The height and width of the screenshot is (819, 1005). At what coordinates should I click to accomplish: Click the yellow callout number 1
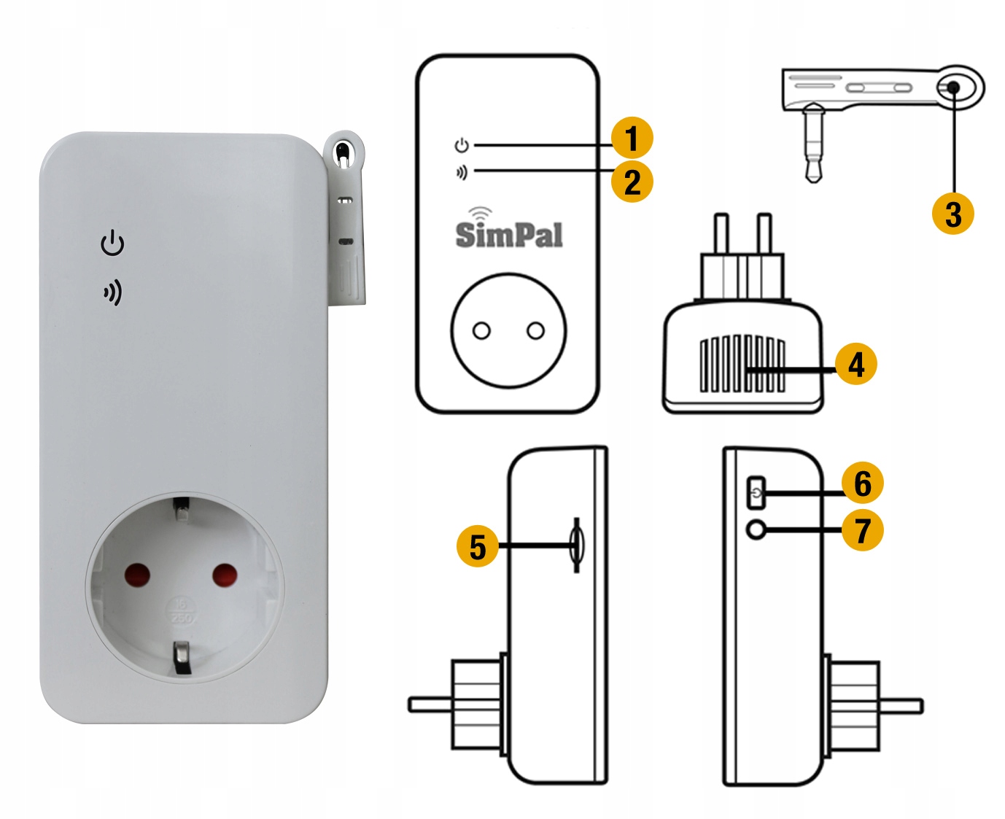coord(632,138)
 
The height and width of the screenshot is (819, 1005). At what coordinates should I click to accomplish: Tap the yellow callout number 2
coord(632,182)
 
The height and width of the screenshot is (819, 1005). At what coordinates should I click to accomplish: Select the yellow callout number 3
coord(953,214)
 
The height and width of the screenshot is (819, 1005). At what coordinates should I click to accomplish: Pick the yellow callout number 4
coord(856,364)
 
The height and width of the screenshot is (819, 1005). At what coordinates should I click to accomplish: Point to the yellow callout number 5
coord(478,546)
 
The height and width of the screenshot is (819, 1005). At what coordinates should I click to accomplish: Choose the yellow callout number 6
coord(863,483)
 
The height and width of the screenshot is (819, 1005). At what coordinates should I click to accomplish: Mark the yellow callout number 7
coord(863,530)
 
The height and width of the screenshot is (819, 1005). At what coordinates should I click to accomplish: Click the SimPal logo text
coord(508,235)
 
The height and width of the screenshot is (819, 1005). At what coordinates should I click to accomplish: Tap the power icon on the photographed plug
coord(112,243)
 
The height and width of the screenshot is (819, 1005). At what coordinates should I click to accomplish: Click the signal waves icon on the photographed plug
coord(113,292)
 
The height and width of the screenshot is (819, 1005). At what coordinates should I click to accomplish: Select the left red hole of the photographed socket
coord(137,575)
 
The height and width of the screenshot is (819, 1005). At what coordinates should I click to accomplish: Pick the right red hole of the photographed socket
coord(225,575)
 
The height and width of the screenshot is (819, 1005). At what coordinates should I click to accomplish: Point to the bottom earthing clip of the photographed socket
coord(182,658)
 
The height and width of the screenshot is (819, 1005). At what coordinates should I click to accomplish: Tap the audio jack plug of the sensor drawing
coord(813,144)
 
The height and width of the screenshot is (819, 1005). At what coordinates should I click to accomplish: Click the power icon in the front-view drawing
coord(462,145)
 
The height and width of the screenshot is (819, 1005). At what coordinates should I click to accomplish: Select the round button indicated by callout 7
coord(756,529)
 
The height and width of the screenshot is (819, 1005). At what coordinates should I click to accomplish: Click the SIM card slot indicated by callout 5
coord(577,546)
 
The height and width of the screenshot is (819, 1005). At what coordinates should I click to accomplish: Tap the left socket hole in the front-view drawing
coord(481,330)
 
